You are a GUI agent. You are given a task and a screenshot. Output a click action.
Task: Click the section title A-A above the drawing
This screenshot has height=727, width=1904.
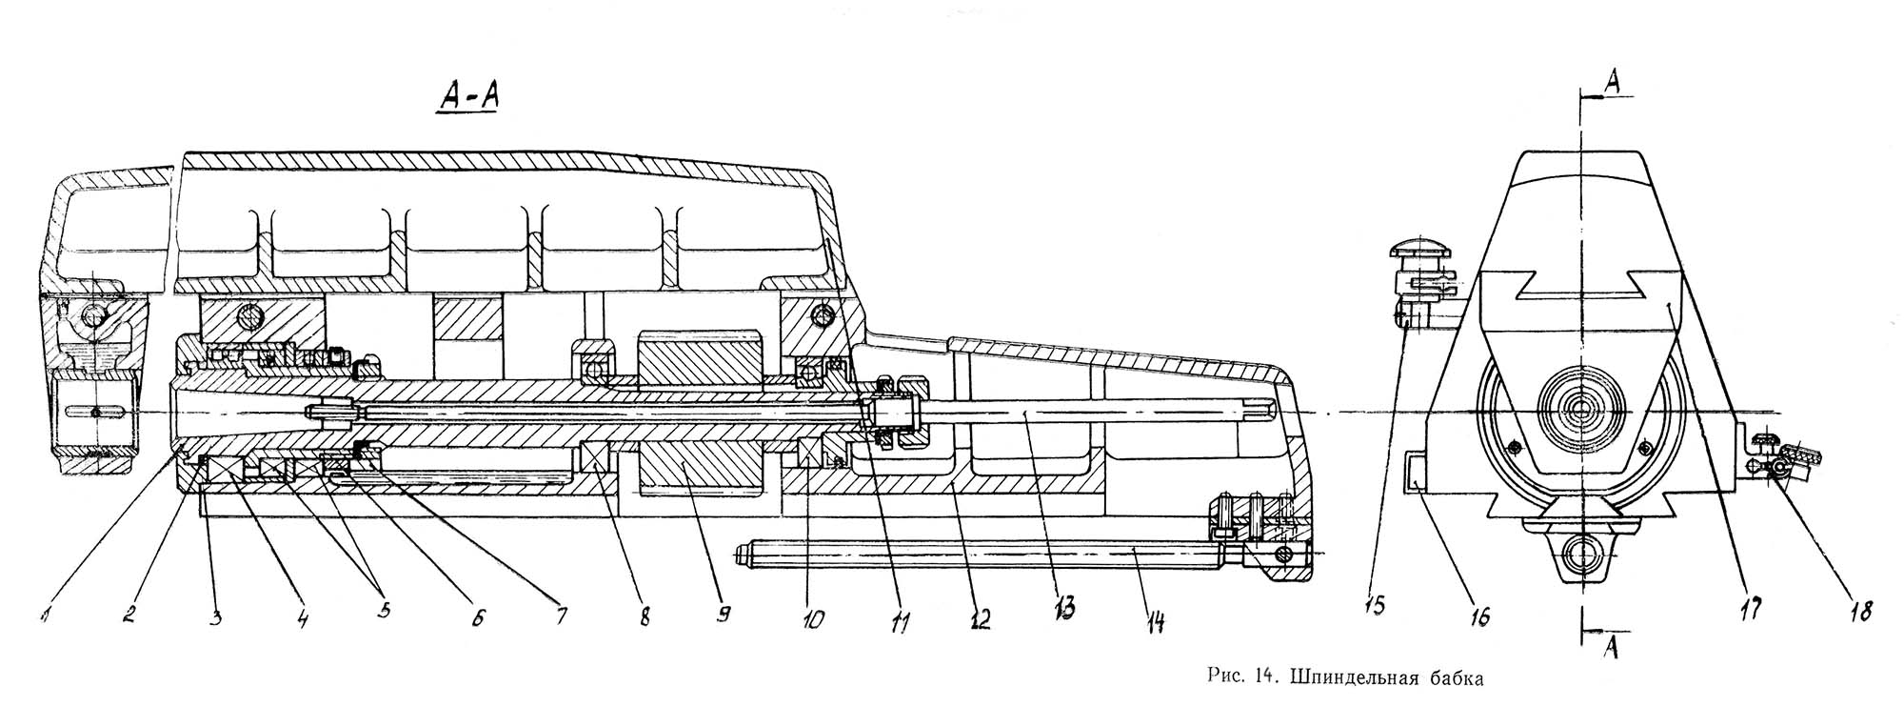tap(468, 96)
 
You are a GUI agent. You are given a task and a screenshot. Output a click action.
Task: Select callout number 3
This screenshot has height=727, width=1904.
tap(217, 617)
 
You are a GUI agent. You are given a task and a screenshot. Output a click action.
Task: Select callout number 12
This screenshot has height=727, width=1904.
tap(980, 619)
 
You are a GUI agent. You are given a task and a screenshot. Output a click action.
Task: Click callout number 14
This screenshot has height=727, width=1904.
tap(1155, 621)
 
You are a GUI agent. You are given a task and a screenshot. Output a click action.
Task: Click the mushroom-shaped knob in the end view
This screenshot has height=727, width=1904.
tap(1418, 250)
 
